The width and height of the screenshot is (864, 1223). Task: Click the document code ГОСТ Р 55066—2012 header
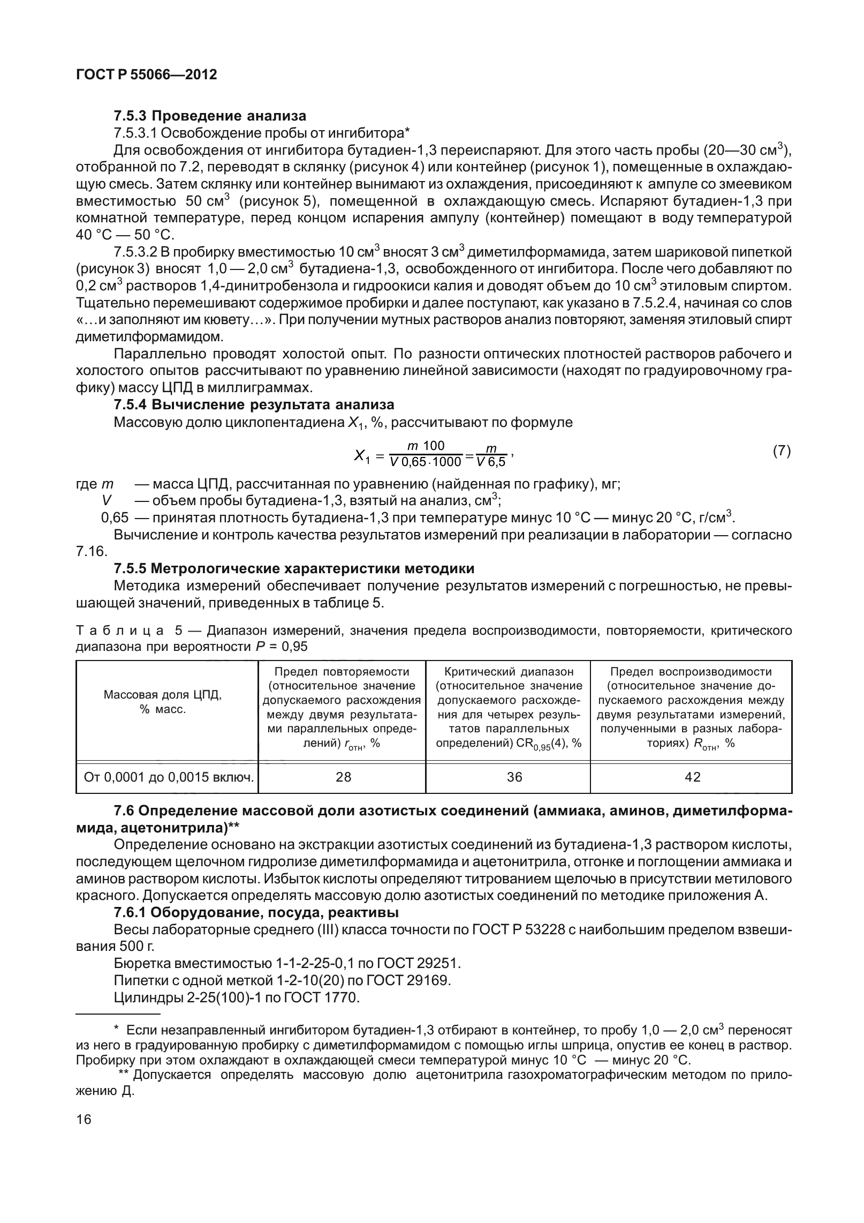point(147,74)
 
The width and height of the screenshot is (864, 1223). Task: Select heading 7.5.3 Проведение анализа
point(210,116)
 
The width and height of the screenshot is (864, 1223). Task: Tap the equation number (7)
point(782,451)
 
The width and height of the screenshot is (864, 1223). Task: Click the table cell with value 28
point(343,777)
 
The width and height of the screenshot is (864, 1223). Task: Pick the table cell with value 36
point(514,777)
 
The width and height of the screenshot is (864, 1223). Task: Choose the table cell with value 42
point(692,777)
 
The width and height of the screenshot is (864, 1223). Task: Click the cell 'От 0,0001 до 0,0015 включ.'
point(168,777)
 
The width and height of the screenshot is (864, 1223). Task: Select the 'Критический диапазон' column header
point(509,672)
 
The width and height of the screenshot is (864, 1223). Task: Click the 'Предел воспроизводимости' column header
point(691,672)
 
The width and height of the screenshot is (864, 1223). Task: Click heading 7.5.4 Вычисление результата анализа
point(254,404)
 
